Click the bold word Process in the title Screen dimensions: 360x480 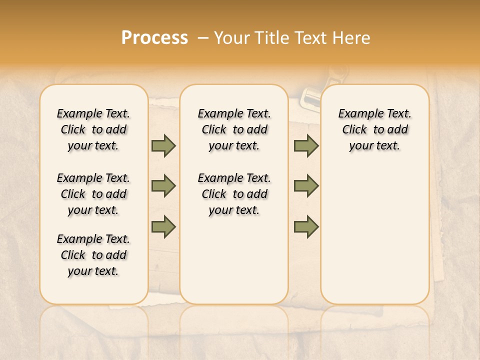click(154, 38)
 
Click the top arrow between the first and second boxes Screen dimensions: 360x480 click(163, 145)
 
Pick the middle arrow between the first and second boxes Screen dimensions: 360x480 click(163, 186)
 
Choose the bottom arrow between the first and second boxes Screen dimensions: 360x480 click(163, 227)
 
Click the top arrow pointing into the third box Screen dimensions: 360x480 click(306, 145)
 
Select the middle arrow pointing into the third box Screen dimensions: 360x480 click(306, 186)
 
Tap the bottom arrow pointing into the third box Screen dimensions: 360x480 click(306, 227)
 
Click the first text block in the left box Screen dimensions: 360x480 click(93, 129)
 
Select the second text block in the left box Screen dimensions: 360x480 click(93, 194)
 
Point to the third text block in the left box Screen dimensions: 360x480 click(93, 255)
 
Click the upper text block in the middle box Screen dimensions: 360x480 click(234, 129)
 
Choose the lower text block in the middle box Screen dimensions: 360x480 click(234, 194)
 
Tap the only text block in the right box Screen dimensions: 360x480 click(374, 129)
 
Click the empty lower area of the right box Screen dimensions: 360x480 click(374, 235)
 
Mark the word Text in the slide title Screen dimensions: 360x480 click(312, 38)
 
